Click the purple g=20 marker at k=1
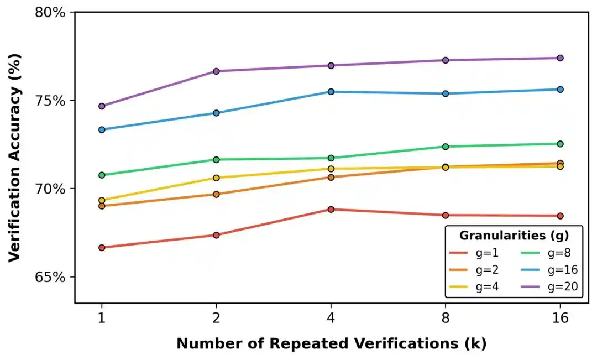tap(102, 106)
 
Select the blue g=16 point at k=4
tap(331, 91)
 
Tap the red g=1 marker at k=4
tap(331, 209)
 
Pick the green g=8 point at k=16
tap(560, 144)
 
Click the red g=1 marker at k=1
tap(102, 247)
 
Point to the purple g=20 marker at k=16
tap(560, 58)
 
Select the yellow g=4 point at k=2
tap(216, 178)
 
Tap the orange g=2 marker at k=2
tap(216, 194)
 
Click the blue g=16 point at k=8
tap(445, 93)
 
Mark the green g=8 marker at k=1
tap(102, 175)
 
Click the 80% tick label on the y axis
tap(50, 12)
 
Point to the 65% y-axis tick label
tap(50, 276)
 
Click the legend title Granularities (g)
tap(514, 236)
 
